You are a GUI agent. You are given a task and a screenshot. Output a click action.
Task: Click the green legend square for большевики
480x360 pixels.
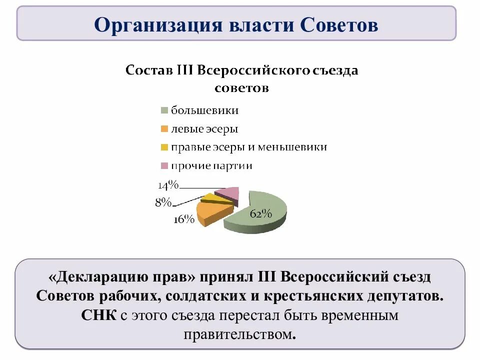click(164, 110)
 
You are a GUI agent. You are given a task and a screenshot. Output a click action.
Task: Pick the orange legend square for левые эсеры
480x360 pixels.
click(164, 129)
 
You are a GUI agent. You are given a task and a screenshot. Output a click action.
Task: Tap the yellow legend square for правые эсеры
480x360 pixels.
click(164, 147)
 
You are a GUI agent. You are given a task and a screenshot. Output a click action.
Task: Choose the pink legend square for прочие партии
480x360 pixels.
click(164, 166)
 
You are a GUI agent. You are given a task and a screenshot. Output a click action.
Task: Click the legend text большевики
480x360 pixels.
click(204, 110)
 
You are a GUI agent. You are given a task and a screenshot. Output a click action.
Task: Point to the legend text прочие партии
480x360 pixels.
click(211, 166)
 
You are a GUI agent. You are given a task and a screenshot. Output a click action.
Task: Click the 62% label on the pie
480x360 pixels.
click(260, 214)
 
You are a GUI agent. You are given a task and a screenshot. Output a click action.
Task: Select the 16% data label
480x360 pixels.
click(183, 220)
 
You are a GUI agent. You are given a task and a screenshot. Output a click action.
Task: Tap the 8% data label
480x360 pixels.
click(163, 202)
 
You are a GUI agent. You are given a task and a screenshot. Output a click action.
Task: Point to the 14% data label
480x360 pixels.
click(168, 185)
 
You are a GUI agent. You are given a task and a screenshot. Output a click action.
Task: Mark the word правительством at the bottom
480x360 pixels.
click(240, 334)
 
